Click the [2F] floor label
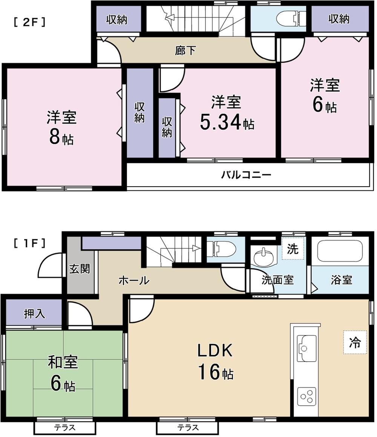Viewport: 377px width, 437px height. pos(30,22)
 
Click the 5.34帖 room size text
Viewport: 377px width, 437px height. pos(226,123)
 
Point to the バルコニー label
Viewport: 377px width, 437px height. pos(246,175)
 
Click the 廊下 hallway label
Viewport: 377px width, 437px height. pos(185,50)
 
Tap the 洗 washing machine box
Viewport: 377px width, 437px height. pos(293,249)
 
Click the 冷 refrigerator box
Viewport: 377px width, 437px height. pos(355,342)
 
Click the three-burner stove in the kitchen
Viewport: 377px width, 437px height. pos(306,396)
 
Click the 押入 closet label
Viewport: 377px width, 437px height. pos(34,314)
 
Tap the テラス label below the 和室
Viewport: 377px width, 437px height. pos(65,428)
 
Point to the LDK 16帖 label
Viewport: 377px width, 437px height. pos(215,362)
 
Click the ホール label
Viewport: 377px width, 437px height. pos(134,280)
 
